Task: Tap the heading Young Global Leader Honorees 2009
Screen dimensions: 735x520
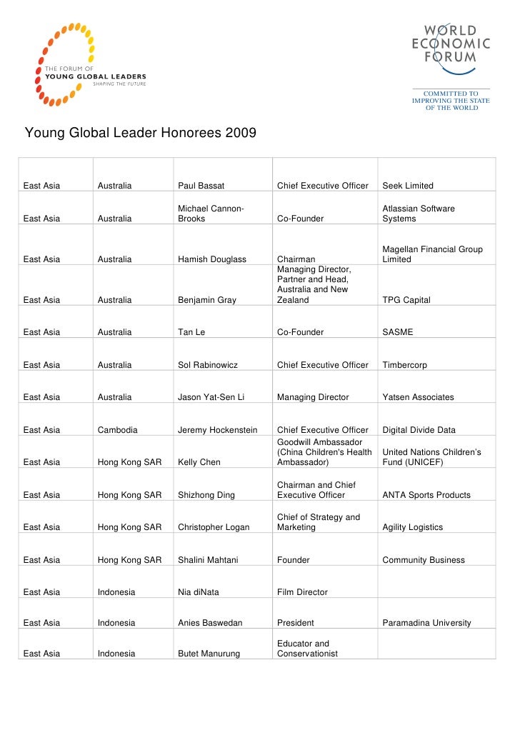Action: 141,133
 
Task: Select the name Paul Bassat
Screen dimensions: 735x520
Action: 201,186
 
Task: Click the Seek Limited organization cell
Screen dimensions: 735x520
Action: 408,186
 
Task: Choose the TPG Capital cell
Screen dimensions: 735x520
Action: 406,300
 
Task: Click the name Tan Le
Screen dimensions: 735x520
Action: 191,332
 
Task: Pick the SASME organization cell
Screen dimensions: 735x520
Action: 398,332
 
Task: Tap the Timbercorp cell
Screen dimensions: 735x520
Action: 405,365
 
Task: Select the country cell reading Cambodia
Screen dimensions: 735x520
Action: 118,430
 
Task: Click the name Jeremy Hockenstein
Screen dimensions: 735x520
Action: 221,430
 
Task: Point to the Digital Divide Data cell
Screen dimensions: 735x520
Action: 419,430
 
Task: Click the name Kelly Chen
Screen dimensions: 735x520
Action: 199,462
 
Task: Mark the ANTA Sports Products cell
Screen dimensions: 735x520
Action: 426,495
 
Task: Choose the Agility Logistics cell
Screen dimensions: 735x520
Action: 413,527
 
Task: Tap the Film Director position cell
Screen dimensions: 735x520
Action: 302,592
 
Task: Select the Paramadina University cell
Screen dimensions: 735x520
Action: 426,623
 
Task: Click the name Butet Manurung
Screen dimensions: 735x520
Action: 209,654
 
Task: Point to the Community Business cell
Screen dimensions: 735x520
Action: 424,560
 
